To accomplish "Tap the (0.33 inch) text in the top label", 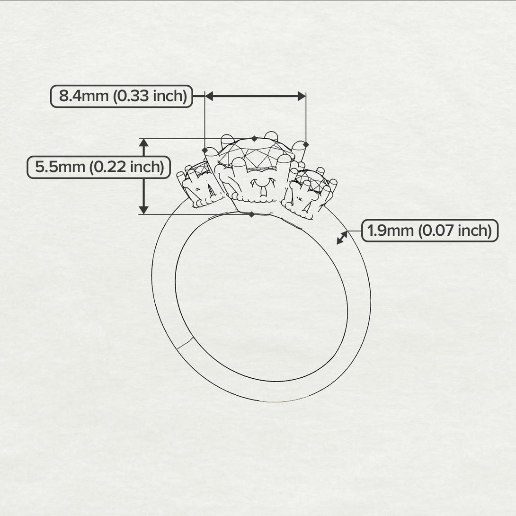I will [x=150, y=97].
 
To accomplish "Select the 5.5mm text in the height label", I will [x=61, y=167].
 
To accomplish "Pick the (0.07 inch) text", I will [x=456, y=231].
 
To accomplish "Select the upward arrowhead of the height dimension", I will [x=144, y=143].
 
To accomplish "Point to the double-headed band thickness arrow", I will [x=342, y=238].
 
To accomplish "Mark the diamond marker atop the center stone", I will [x=255, y=139].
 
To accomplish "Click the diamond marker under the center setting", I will [x=251, y=214].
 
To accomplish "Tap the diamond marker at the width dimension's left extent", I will [x=205, y=151].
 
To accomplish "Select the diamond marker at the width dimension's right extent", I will [x=306, y=144].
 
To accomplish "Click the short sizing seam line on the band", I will [x=185, y=344].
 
